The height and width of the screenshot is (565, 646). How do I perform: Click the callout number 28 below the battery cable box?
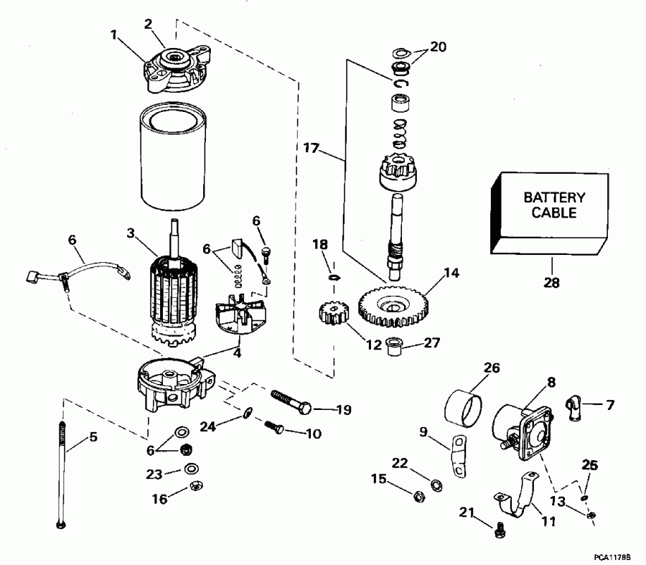[551, 283]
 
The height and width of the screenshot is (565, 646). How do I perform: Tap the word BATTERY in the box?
[553, 197]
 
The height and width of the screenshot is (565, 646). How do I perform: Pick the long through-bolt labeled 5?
[62, 474]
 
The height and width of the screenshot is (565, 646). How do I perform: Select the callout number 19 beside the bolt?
[343, 411]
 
